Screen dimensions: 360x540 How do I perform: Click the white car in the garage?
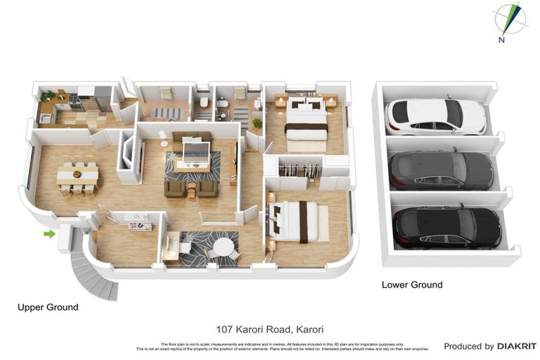click(x=435, y=116)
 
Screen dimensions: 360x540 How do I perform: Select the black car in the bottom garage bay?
click(x=446, y=226)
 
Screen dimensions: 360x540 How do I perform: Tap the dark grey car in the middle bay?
click(x=441, y=171)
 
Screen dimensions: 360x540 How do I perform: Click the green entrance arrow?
click(x=49, y=233)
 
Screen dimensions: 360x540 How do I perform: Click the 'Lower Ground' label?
click(x=411, y=285)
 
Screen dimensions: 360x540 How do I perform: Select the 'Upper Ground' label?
click(x=48, y=307)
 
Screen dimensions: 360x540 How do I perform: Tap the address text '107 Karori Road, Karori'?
click(x=269, y=328)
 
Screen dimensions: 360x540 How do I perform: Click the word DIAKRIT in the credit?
click(x=516, y=346)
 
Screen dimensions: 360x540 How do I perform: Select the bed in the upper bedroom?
click(x=306, y=120)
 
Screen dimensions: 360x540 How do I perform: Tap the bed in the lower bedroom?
click(x=297, y=221)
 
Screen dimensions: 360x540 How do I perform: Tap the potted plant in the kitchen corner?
click(x=47, y=96)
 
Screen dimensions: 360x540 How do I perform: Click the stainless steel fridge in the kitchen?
click(x=103, y=98)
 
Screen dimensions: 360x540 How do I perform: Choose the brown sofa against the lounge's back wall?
click(x=191, y=136)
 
